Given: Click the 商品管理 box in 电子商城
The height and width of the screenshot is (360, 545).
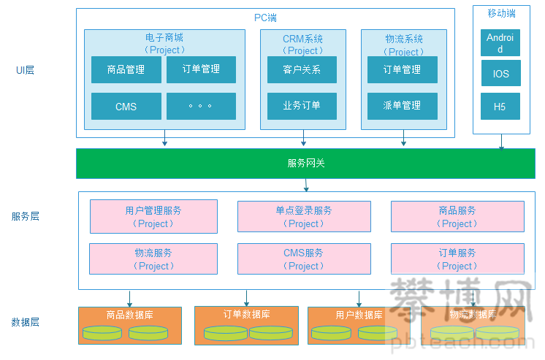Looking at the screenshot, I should click(126, 70).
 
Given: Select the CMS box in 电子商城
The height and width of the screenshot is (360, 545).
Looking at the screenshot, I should click(126, 107).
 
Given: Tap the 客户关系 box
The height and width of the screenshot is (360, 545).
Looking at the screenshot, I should click(302, 70).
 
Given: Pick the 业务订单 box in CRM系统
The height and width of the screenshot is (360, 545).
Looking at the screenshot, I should click(302, 105).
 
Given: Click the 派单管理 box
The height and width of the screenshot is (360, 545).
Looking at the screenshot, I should click(402, 105).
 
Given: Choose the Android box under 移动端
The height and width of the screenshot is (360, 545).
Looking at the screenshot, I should click(500, 43).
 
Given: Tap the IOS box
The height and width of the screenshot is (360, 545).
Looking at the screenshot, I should click(500, 74).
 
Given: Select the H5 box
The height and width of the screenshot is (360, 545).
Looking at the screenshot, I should click(500, 107).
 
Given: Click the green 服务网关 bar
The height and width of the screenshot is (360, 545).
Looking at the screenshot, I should click(305, 163).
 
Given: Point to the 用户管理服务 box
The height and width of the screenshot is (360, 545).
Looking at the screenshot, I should click(153, 217).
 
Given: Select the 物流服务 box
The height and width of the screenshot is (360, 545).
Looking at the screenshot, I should click(153, 259).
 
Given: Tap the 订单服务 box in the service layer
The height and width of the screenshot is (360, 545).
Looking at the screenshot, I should click(457, 259).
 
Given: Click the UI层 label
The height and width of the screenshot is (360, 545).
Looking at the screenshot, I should click(26, 70).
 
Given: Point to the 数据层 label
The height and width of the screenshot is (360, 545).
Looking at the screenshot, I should click(26, 322).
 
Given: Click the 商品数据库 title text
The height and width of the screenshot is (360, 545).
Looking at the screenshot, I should click(129, 315).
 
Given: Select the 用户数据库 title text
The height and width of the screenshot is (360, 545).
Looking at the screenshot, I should click(359, 315).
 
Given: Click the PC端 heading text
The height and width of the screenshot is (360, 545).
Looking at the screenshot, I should click(265, 18).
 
